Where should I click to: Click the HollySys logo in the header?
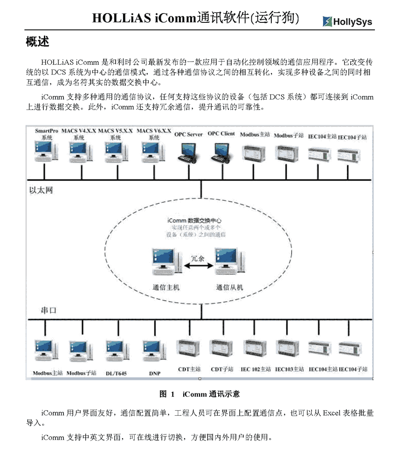(x=347, y=21)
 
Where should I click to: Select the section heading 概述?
(x=38, y=42)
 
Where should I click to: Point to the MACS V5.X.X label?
(x=115, y=131)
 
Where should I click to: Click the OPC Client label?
(x=221, y=134)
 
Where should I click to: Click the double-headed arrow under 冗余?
(x=198, y=266)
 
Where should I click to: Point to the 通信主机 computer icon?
(x=164, y=261)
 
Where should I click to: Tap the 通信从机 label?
(x=229, y=287)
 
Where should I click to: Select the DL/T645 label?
(x=116, y=373)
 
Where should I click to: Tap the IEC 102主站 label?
(x=256, y=369)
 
